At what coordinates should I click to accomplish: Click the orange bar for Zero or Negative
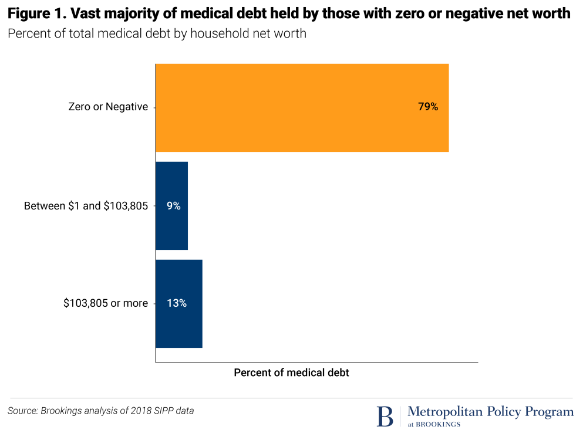pos(302,107)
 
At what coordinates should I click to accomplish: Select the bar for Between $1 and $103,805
pos(171,206)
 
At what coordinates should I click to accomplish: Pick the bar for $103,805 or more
pos(178,303)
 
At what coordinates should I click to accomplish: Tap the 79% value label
pos(428,107)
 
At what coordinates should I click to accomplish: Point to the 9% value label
pos(173,206)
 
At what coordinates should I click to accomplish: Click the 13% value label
pos(177,303)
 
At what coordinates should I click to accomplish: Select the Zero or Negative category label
pos(108,107)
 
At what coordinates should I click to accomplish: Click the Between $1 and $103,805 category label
pos(86,206)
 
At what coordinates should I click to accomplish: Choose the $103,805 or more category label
pos(106,303)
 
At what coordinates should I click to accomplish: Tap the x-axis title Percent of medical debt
pos(291,373)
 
